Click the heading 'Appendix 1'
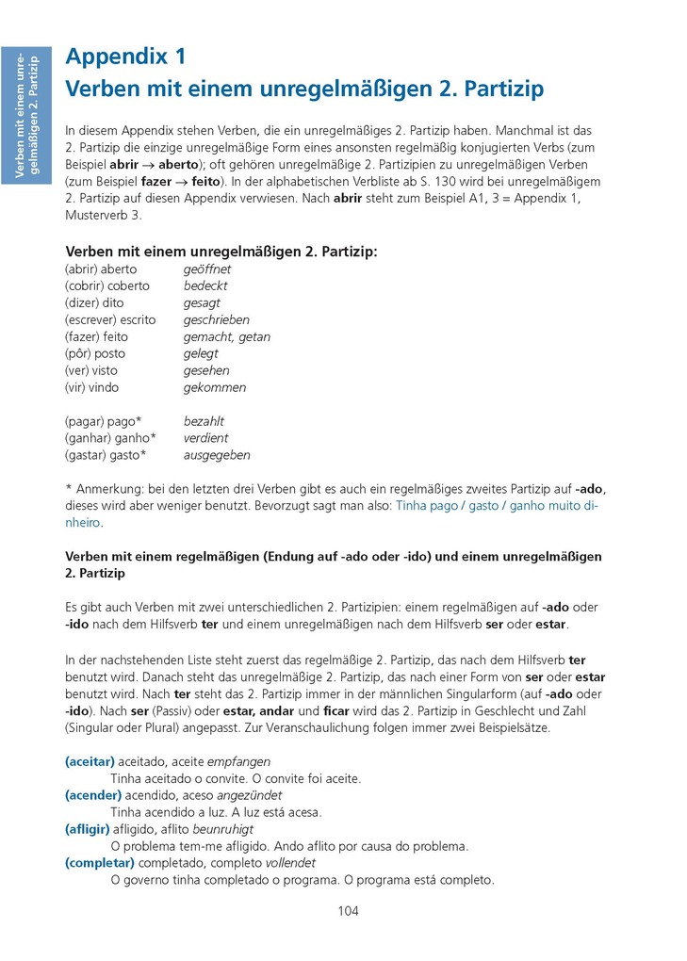125,57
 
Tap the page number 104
348,910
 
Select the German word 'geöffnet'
206,269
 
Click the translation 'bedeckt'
205,286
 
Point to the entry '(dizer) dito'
94,303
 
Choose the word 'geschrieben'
217,320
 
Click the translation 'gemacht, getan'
226,337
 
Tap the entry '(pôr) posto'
95,354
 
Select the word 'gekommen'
215,388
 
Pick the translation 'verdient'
205,438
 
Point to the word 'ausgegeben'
217,455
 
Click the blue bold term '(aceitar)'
90,761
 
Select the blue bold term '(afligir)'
87,829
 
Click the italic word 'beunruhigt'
222,829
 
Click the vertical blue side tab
27,116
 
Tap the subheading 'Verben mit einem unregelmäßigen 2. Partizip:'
221,252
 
